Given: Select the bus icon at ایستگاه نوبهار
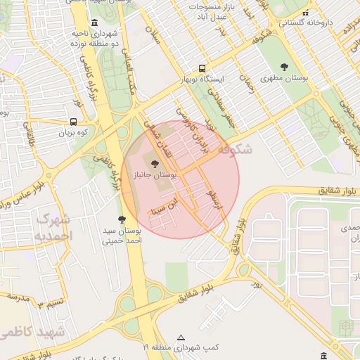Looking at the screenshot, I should coord(202,69).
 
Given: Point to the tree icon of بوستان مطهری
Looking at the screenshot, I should coord(284,67).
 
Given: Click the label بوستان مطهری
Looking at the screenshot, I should coord(284,78).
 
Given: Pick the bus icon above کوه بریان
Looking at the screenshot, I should coord(74,121).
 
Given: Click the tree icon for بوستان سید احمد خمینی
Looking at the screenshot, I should coord(122,219).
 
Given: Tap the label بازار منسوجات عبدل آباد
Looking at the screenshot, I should coord(209,10).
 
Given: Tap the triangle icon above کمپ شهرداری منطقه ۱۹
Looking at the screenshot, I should coord(181,337).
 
